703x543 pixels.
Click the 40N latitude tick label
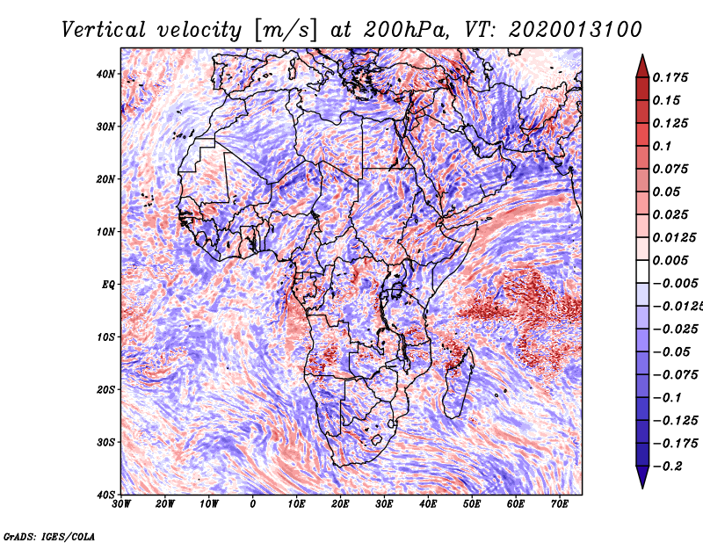tap(105, 74)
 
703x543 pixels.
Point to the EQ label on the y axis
tap(108, 285)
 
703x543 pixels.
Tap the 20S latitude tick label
tap(105, 389)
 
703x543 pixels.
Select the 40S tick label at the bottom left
tap(105, 495)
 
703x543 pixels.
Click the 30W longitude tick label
tap(121, 504)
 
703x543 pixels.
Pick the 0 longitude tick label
tap(253, 504)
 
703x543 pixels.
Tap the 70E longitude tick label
tap(559, 504)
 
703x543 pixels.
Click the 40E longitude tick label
tap(428, 504)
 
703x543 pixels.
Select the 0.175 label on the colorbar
tap(670, 78)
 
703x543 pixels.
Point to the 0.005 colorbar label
tap(670, 260)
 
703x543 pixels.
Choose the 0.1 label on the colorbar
tap(663, 146)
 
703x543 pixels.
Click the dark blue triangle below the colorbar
tap(642, 475)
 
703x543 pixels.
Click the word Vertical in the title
tap(104, 30)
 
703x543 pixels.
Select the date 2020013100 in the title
tap(576, 30)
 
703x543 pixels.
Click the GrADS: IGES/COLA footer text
tap(49, 536)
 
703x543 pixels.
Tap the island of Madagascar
tap(458, 385)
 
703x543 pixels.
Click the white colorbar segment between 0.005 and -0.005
tap(642, 271)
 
